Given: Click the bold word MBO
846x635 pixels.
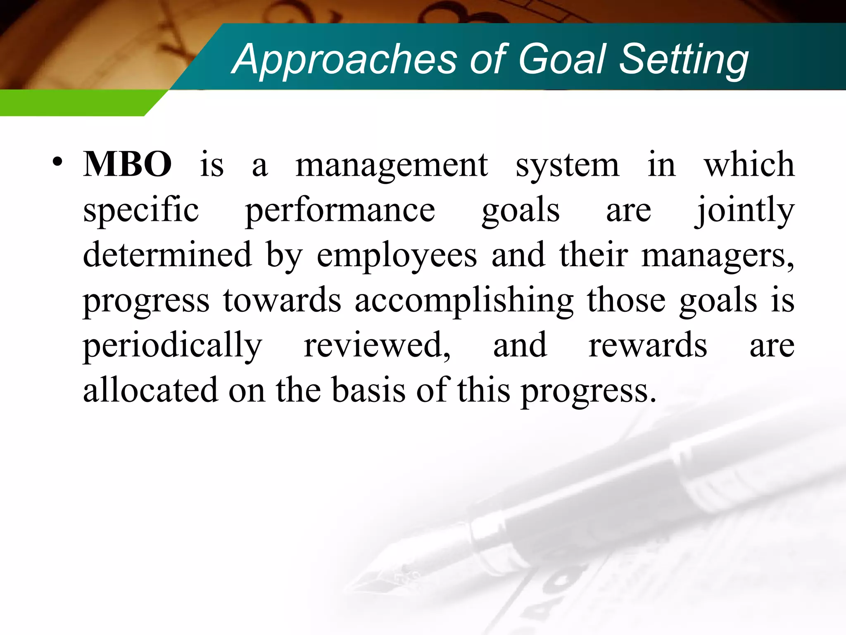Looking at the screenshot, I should (x=127, y=164).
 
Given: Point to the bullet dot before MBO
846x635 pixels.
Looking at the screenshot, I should (x=57, y=162).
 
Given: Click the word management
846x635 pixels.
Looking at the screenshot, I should (x=392, y=165).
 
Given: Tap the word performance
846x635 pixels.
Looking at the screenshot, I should (x=340, y=210).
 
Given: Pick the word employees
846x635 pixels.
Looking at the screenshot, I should (x=397, y=256).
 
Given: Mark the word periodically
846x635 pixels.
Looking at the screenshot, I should (x=172, y=346).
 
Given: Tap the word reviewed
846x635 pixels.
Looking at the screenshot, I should (x=377, y=346).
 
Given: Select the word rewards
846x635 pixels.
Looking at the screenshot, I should (x=647, y=346).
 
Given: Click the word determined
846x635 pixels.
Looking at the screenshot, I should (x=167, y=255).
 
